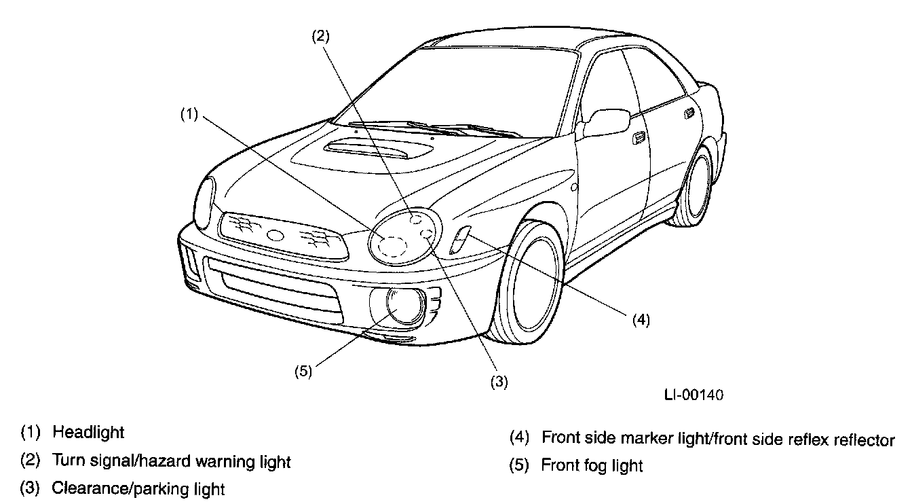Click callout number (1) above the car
click(x=189, y=115)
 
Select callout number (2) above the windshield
click(x=321, y=37)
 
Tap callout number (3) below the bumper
click(x=499, y=382)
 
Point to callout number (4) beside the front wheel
click(x=641, y=320)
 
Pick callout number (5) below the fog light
click(x=303, y=371)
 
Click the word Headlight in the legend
click(x=88, y=432)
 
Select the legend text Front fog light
click(x=592, y=466)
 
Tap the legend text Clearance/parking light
click(x=138, y=488)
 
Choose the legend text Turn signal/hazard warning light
click(x=172, y=463)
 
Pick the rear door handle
click(x=690, y=112)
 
